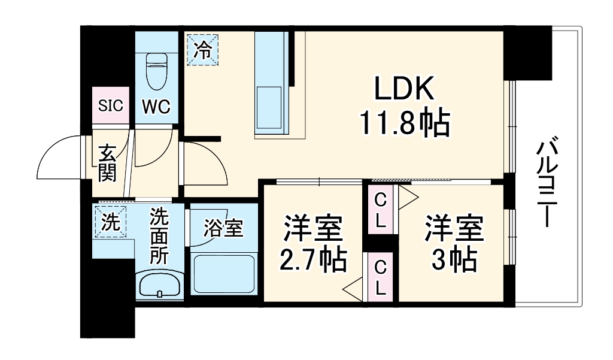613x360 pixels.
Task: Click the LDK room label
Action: click(x=403, y=90)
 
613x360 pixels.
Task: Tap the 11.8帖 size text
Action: click(x=403, y=124)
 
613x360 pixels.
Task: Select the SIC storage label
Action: click(x=111, y=106)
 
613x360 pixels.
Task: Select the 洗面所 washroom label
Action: click(x=159, y=235)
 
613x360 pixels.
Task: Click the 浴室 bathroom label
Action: click(x=223, y=228)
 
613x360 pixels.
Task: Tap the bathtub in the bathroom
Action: click(x=223, y=272)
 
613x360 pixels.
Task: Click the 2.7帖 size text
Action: click(x=312, y=259)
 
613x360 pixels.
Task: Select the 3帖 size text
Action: click(x=454, y=259)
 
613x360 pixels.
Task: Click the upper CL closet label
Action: click(x=380, y=210)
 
